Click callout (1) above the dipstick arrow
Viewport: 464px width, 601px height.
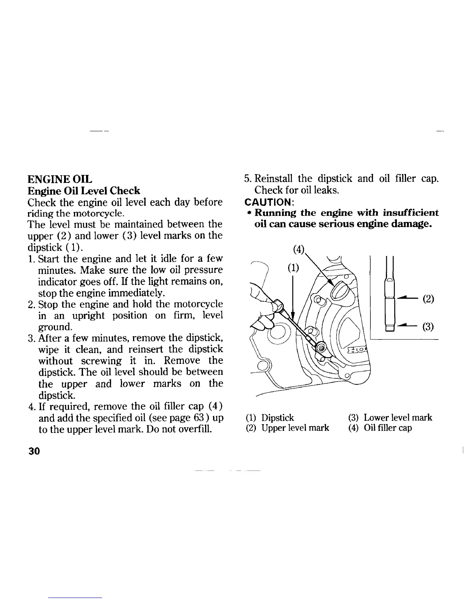[x=292, y=268]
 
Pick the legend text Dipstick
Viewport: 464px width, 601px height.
[x=278, y=418]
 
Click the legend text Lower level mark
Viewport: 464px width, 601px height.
[x=398, y=418]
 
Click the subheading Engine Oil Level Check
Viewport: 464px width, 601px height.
[x=84, y=190]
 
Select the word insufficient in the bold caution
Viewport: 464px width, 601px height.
[x=411, y=212]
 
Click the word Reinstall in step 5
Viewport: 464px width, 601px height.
[x=273, y=178]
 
